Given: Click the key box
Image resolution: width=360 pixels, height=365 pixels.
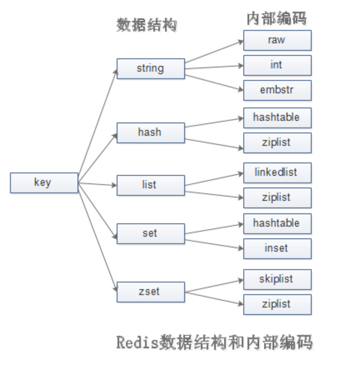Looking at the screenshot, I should coord(44,182).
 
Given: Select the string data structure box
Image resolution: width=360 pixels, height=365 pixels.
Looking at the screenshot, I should coord(150,68).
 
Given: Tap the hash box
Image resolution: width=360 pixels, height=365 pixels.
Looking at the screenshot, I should coord(150,132).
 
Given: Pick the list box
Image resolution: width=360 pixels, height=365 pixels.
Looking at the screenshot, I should coord(150,185).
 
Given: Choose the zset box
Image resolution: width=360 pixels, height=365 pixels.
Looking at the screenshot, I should coord(150,292).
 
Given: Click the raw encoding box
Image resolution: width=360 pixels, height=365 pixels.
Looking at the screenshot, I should coord(277,40).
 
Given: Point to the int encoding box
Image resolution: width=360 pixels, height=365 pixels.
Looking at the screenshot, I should coord(277,65).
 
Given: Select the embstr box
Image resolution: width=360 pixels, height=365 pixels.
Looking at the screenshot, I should coord(277,90).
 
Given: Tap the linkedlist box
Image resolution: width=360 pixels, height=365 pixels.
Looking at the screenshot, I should coord(277,172).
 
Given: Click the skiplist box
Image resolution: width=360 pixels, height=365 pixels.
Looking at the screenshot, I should coord(277,279).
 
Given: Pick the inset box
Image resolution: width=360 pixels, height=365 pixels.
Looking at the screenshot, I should coord(277,248).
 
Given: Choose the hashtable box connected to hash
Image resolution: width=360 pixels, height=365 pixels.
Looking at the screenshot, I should coord(277,117).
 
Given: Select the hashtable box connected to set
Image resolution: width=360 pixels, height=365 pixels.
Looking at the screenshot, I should coord(277,223).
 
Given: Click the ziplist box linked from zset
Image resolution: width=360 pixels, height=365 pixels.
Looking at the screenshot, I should coord(277,304).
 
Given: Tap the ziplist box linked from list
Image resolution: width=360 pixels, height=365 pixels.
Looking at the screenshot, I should coord(277,197).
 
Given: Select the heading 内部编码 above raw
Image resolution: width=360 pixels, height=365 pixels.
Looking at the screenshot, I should coord(276,18).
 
